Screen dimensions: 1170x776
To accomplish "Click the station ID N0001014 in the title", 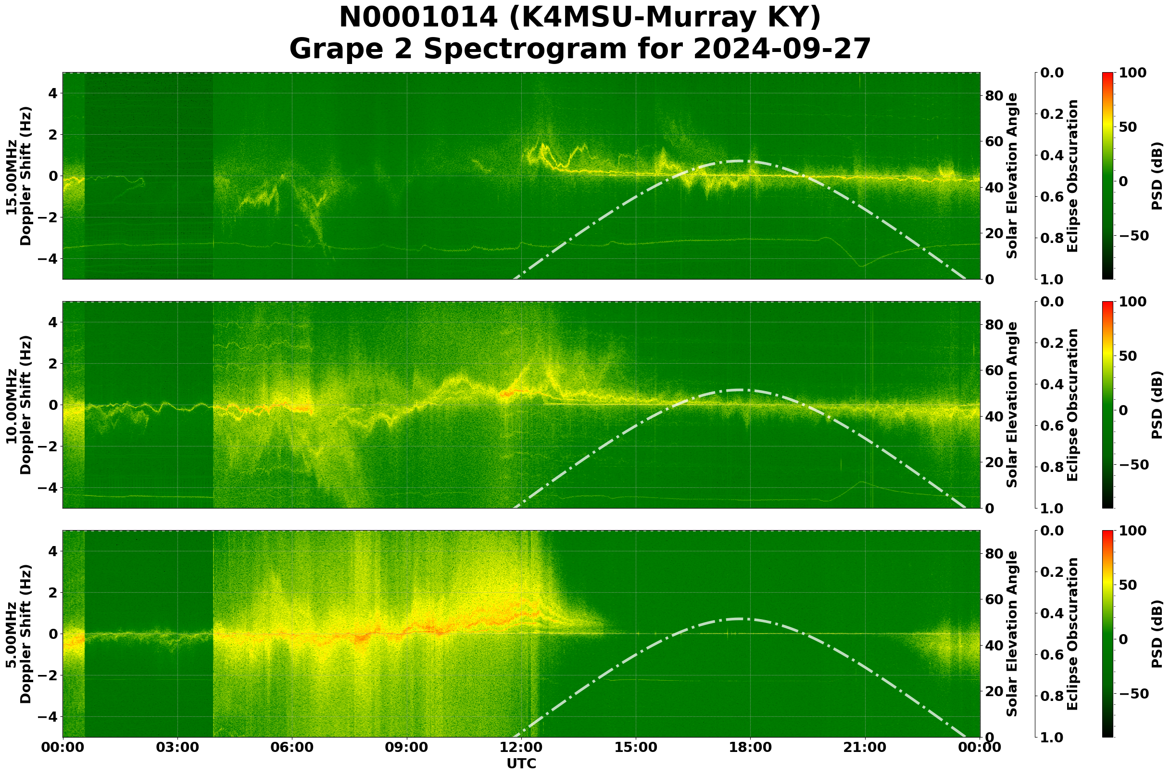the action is (x=418, y=18).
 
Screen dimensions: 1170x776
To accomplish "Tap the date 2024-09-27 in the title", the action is (x=781, y=50).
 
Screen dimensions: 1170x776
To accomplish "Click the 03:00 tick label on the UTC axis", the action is (x=177, y=748).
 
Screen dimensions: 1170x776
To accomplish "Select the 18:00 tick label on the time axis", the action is (x=751, y=748).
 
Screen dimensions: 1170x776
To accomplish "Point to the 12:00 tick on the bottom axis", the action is (x=521, y=748).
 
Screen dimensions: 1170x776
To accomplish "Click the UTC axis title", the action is (x=521, y=763).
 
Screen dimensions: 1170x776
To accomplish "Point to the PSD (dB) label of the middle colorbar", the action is (x=1157, y=405).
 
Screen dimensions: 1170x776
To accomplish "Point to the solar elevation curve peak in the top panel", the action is (x=739, y=161).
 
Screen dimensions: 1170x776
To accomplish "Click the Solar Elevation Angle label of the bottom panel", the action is (x=1012, y=634).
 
